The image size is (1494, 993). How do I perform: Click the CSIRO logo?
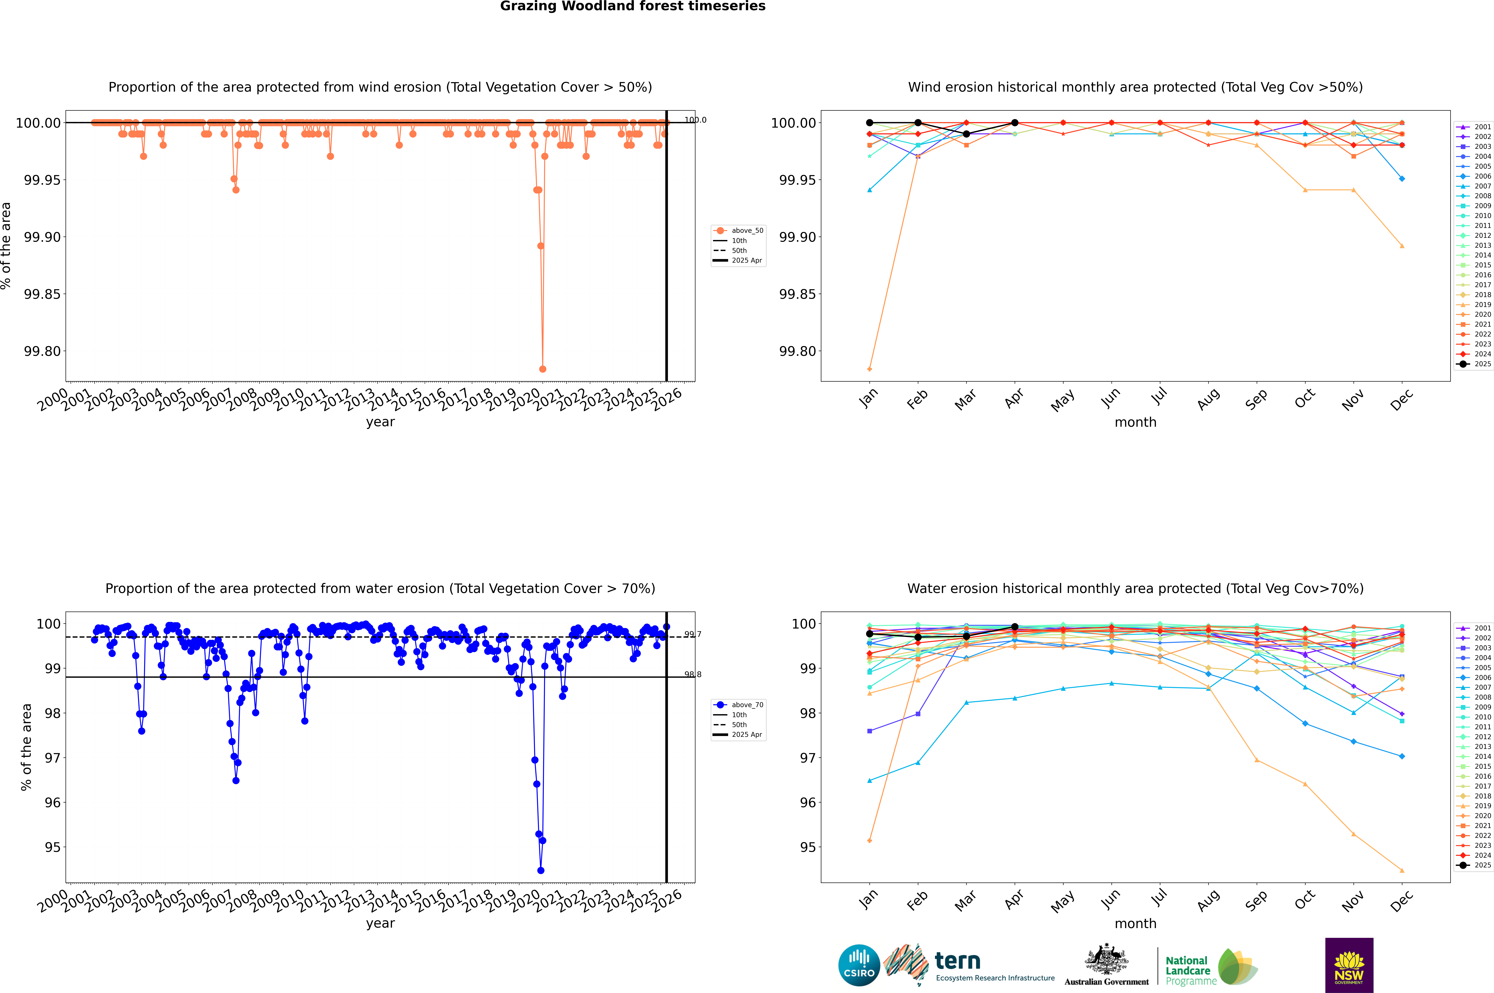859,965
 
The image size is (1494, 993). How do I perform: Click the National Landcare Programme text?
1188,970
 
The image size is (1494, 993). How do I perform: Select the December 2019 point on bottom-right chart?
1402,870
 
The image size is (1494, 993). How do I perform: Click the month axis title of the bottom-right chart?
1135,923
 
